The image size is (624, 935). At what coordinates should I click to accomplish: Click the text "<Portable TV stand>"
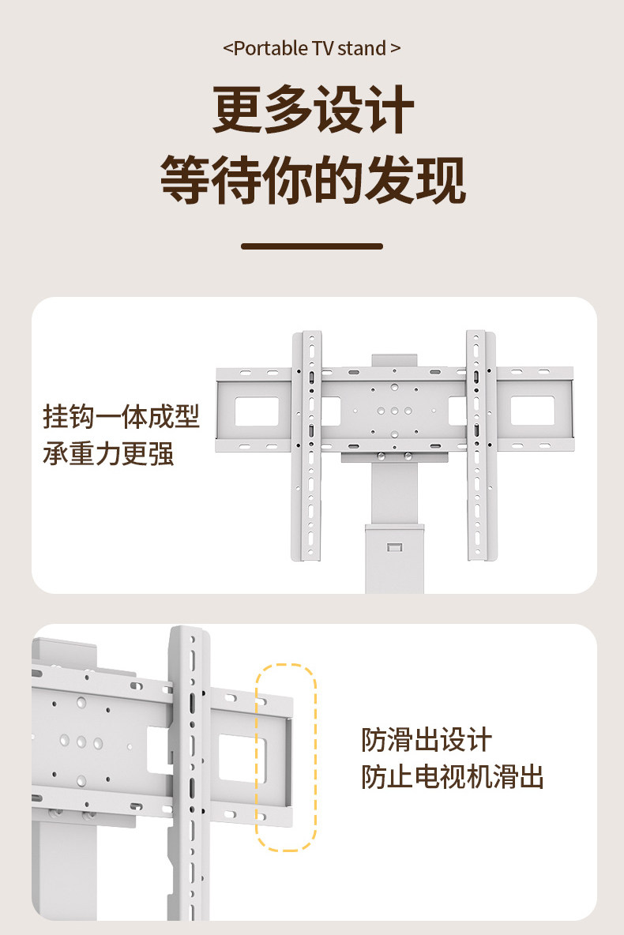point(312,48)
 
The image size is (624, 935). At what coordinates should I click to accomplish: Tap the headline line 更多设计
point(313,112)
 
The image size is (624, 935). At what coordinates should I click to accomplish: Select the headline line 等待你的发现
point(313,180)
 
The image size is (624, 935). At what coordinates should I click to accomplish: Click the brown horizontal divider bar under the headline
point(312,246)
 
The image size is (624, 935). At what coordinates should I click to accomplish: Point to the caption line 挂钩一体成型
point(121,417)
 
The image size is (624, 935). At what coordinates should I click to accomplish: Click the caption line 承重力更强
point(108,454)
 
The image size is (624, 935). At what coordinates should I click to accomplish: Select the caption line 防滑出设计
point(427,741)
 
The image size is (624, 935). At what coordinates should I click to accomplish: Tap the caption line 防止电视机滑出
point(453,777)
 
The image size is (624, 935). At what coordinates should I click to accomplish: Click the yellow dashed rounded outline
point(286,757)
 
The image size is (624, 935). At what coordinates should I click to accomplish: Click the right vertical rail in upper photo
point(480,446)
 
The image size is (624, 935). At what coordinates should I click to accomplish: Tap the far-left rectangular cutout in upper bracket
point(257,411)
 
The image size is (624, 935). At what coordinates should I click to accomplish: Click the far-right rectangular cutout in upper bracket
point(533,411)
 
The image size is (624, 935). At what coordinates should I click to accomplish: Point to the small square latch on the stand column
point(393,546)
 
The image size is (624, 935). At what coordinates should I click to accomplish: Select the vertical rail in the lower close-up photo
point(188,774)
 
